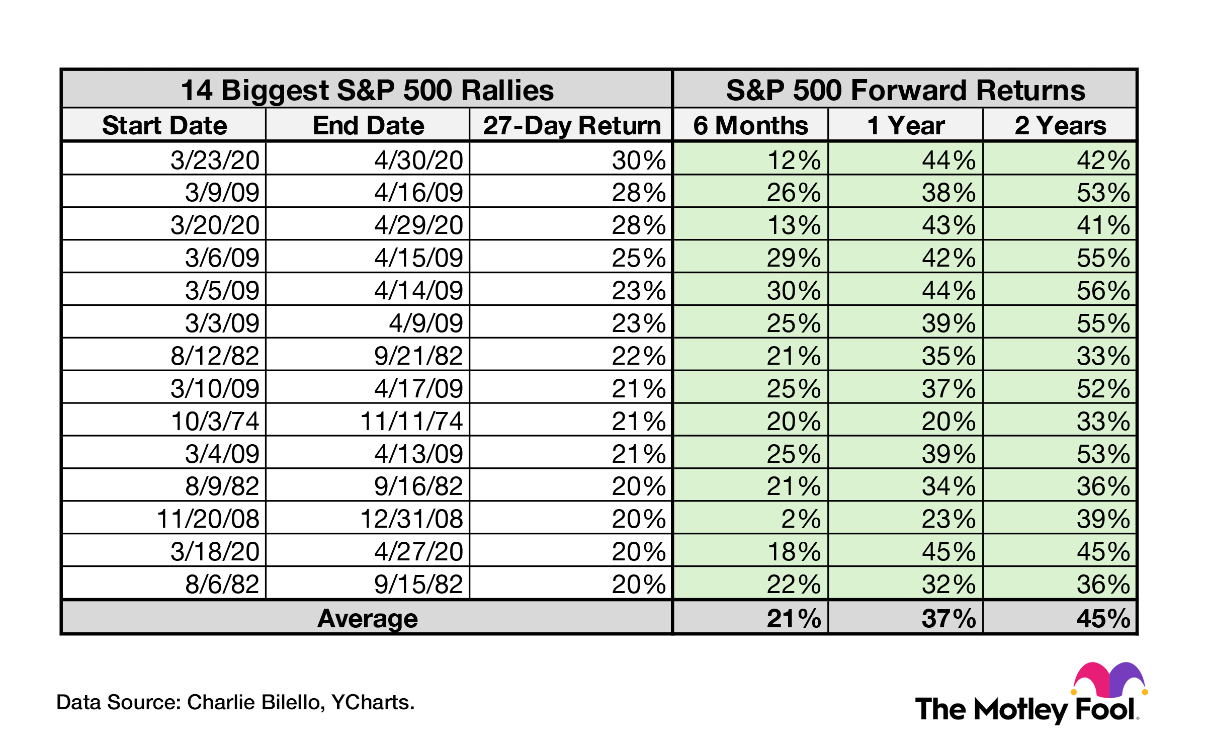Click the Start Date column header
(x=164, y=125)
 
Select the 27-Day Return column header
(x=572, y=125)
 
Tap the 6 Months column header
(x=750, y=125)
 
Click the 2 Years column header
(x=1060, y=125)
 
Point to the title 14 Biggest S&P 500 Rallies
(x=367, y=90)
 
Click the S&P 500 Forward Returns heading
(x=905, y=90)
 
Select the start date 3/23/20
(x=215, y=160)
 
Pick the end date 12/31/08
(x=411, y=519)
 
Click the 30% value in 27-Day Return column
(x=638, y=160)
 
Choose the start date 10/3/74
(x=215, y=421)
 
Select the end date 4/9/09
(x=425, y=323)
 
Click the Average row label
(x=367, y=618)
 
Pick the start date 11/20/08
(x=208, y=519)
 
